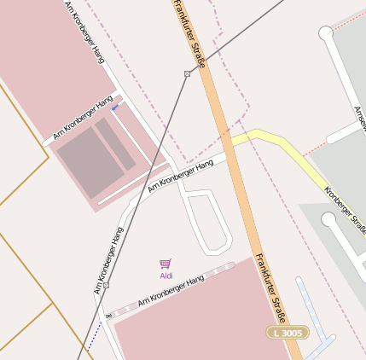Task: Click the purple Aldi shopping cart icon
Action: [166, 264]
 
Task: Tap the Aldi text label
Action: [166, 276]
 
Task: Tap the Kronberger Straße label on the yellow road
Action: [346, 206]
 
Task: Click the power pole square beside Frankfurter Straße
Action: [187, 74]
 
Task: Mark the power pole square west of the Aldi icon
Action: [106, 285]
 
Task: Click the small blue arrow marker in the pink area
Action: [115, 107]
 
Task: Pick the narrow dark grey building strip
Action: [115, 144]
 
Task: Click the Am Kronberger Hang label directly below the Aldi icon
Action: [171, 291]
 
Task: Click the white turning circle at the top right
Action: [325, 33]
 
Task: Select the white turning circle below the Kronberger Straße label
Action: [328, 220]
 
